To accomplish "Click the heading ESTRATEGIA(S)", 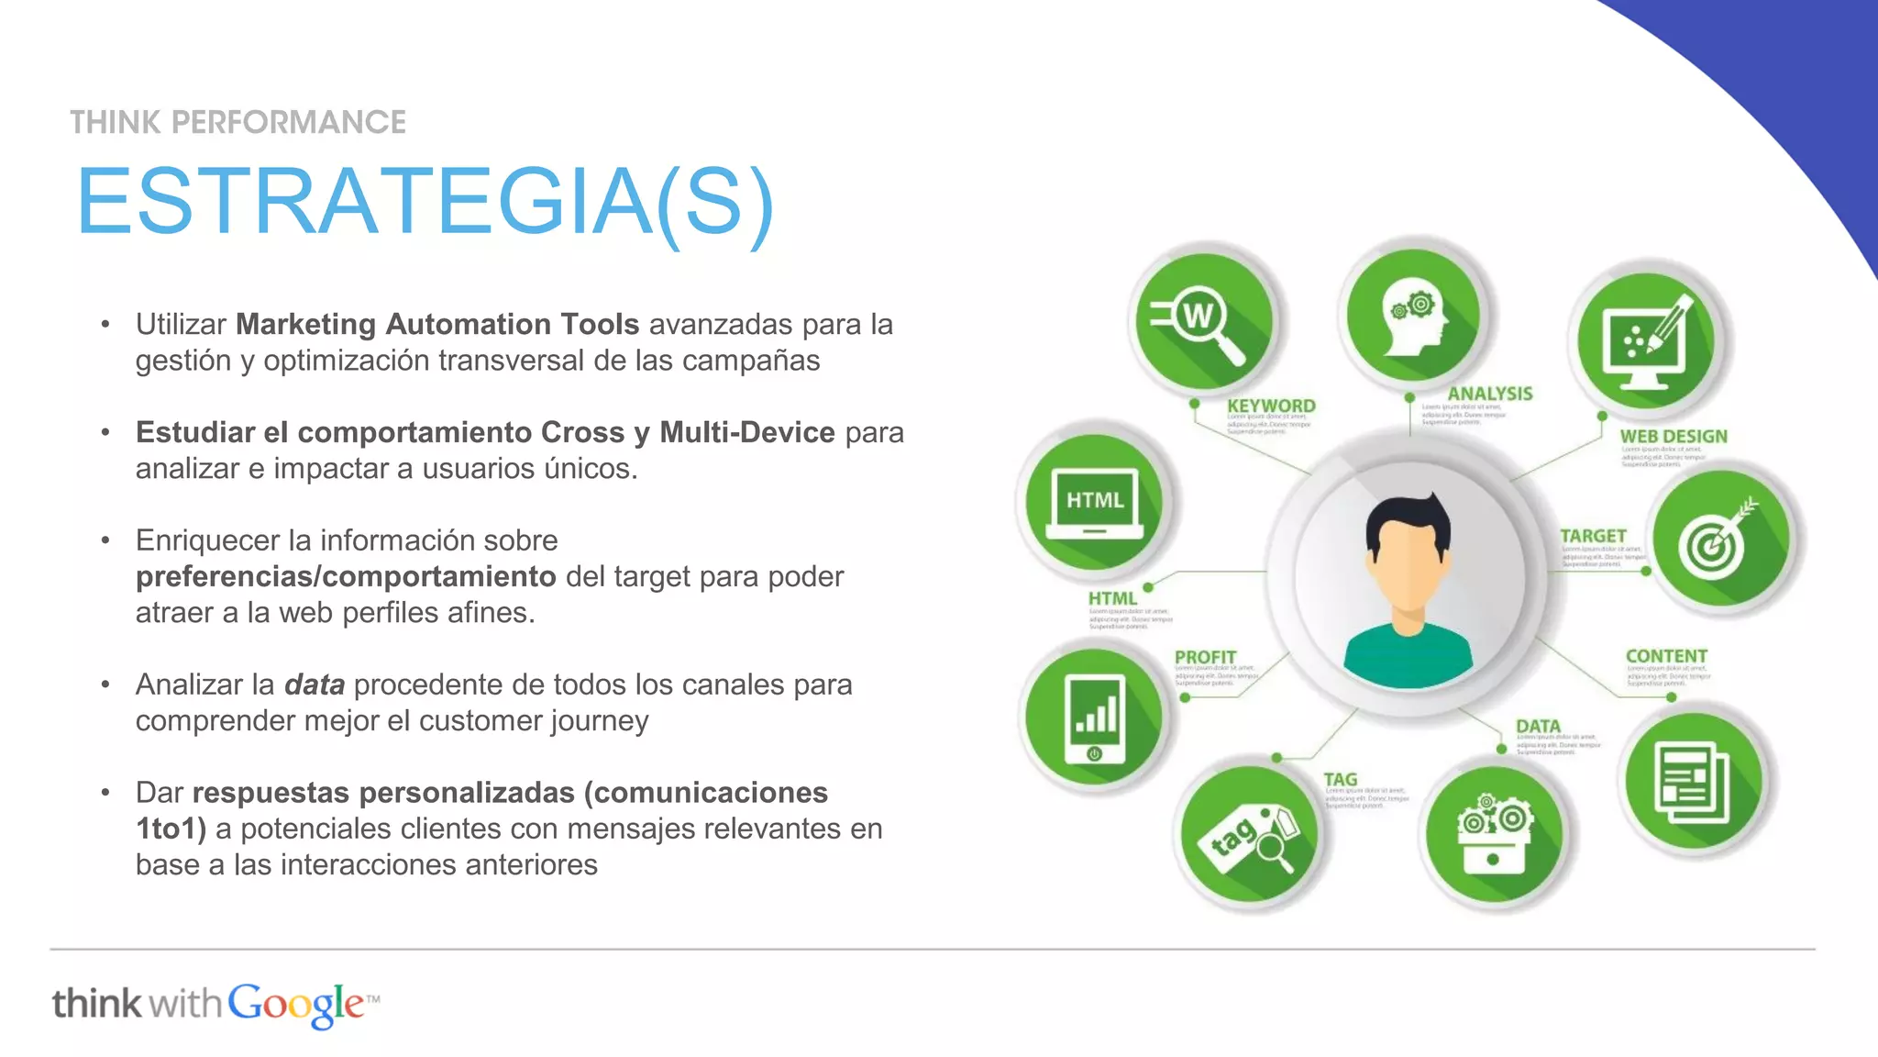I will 425,202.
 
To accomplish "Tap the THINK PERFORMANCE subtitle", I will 238,122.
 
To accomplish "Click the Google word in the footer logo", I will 296,1005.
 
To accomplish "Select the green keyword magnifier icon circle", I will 1203,321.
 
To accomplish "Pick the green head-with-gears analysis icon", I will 1413,314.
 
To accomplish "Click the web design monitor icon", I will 1645,341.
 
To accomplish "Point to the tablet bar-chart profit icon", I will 1094,718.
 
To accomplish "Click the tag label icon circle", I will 1249,834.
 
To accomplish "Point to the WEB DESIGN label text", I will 1673,437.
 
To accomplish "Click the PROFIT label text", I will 1205,657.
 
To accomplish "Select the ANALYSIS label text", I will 1489,394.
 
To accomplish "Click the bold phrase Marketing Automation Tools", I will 437,324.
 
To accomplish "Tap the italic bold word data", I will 315,684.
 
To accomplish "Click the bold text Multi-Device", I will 746,432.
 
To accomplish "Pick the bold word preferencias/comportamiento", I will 346,576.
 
